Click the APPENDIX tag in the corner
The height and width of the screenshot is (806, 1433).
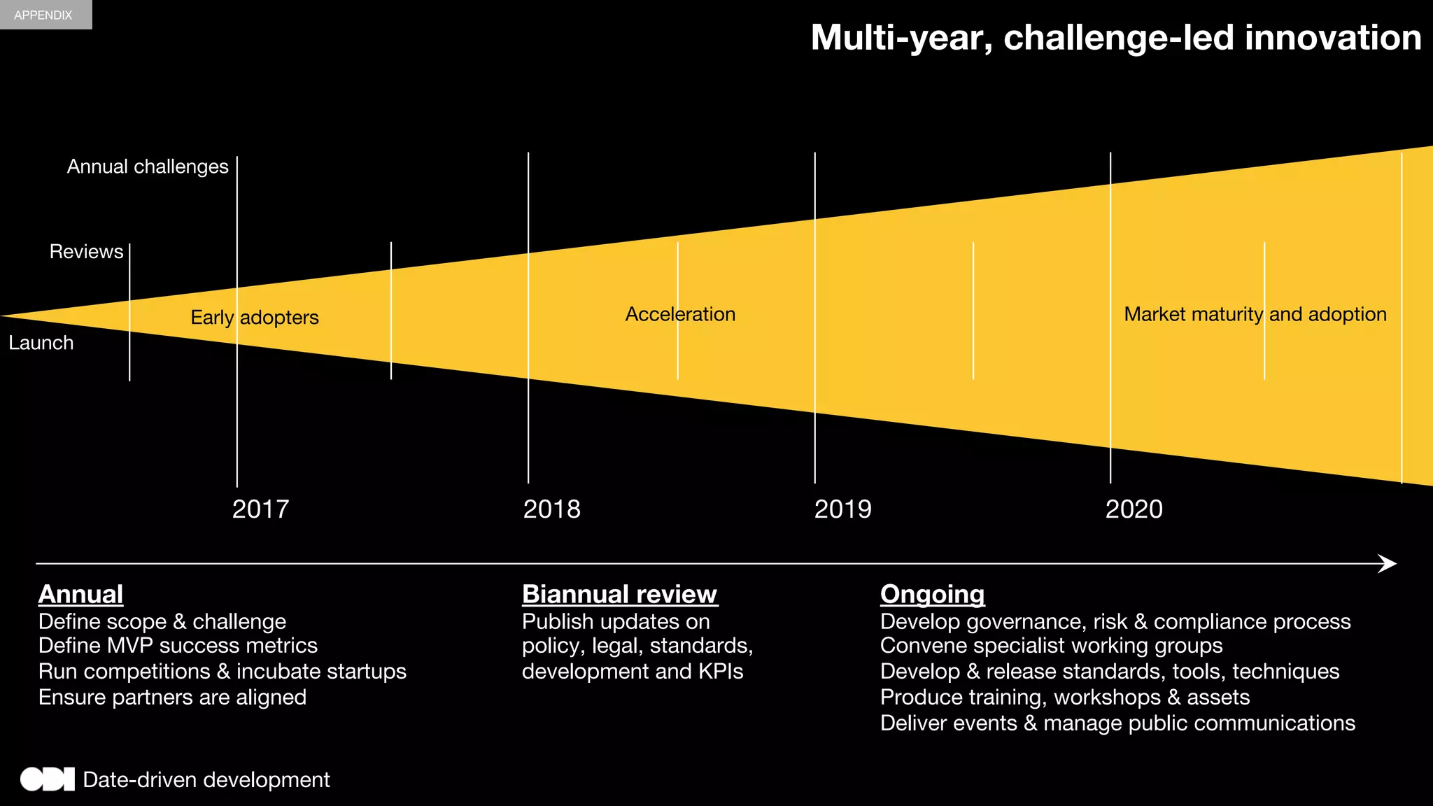point(43,15)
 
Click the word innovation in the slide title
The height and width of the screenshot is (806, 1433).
point(1332,38)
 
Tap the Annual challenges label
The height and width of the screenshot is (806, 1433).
point(148,167)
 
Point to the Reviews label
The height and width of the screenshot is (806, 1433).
point(86,252)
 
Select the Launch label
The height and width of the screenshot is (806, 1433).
point(41,343)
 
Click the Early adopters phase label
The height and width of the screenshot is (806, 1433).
point(255,318)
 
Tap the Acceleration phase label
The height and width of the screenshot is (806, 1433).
point(680,314)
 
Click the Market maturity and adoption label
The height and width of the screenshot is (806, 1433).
point(1255,314)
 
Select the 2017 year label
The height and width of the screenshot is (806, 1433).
point(260,509)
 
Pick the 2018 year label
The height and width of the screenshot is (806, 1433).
point(551,509)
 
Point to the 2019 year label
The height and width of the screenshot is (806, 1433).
point(842,509)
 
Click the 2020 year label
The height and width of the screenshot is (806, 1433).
point(1134,509)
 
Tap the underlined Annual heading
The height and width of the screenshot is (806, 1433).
point(80,594)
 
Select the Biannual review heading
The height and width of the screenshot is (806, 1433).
point(619,594)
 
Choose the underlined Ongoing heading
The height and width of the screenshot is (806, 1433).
point(932,594)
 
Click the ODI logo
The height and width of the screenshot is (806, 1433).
point(47,779)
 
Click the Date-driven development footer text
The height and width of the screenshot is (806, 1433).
point(206,779)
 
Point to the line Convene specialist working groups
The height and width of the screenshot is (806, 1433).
point(1051,645)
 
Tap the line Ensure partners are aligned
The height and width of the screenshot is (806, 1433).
point(172,697)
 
